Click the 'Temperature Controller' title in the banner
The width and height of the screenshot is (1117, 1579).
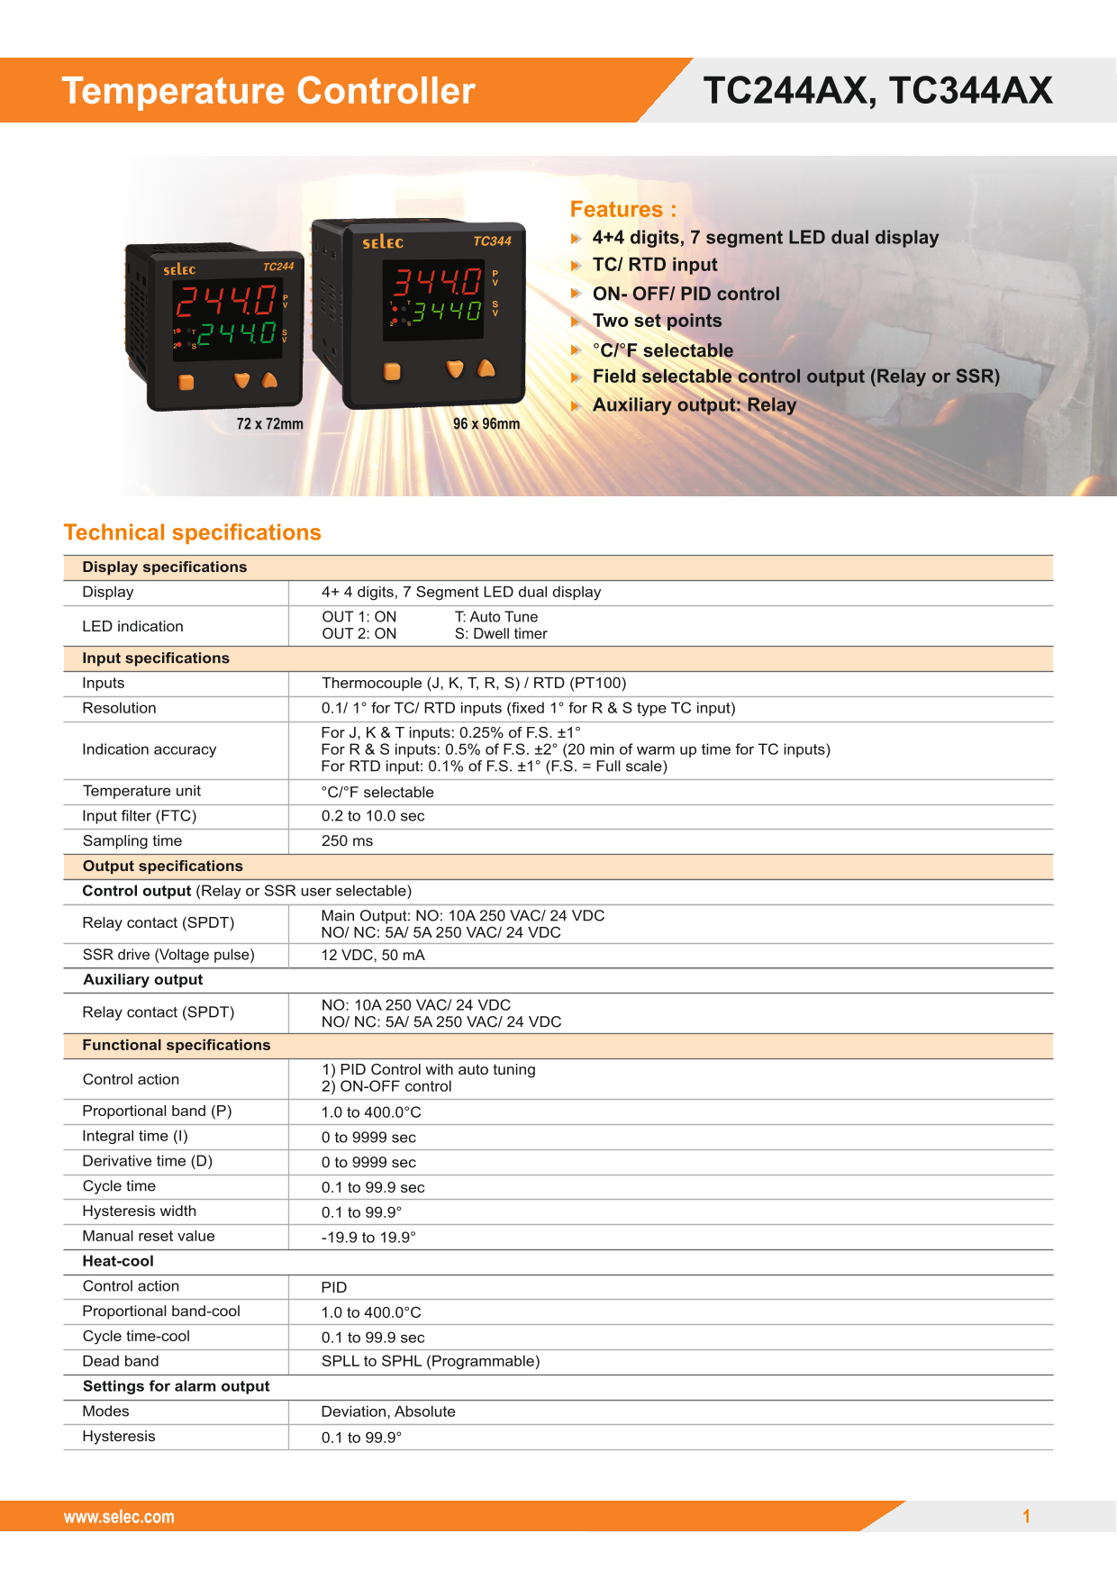click(268, 91)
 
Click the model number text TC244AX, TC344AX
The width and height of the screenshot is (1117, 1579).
click(877, 90)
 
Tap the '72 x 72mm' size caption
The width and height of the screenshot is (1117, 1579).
click(269, 424)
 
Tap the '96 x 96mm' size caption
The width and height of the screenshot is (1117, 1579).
click(486, 424)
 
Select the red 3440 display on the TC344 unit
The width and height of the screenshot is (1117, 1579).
click(437, 282)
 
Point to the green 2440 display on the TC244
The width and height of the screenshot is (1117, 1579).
click(237, 334)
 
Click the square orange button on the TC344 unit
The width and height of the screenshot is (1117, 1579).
click(392, 371)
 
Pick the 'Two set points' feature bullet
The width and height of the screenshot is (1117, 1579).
click(657, 322)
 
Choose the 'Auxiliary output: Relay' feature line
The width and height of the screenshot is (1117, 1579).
click(694, 405)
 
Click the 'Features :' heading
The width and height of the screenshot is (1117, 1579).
click(622, 210)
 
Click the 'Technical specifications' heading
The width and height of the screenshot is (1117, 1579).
click(192, 533)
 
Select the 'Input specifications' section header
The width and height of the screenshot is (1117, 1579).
click(156, 658)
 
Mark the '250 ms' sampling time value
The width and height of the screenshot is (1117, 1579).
click(347, 841)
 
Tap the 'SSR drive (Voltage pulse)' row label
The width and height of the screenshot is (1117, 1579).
click(168, 955)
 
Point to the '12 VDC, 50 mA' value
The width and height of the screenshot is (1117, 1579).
click(373, 956)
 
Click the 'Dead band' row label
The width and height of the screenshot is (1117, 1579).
click(121, 1361)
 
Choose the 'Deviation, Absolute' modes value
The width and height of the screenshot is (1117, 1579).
click(388, 1411)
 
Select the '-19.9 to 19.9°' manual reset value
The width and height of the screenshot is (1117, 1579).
click(368, 1238)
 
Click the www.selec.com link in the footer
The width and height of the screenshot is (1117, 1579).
click(119, 1517)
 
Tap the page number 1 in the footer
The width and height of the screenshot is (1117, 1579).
click(1026, 1517)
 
